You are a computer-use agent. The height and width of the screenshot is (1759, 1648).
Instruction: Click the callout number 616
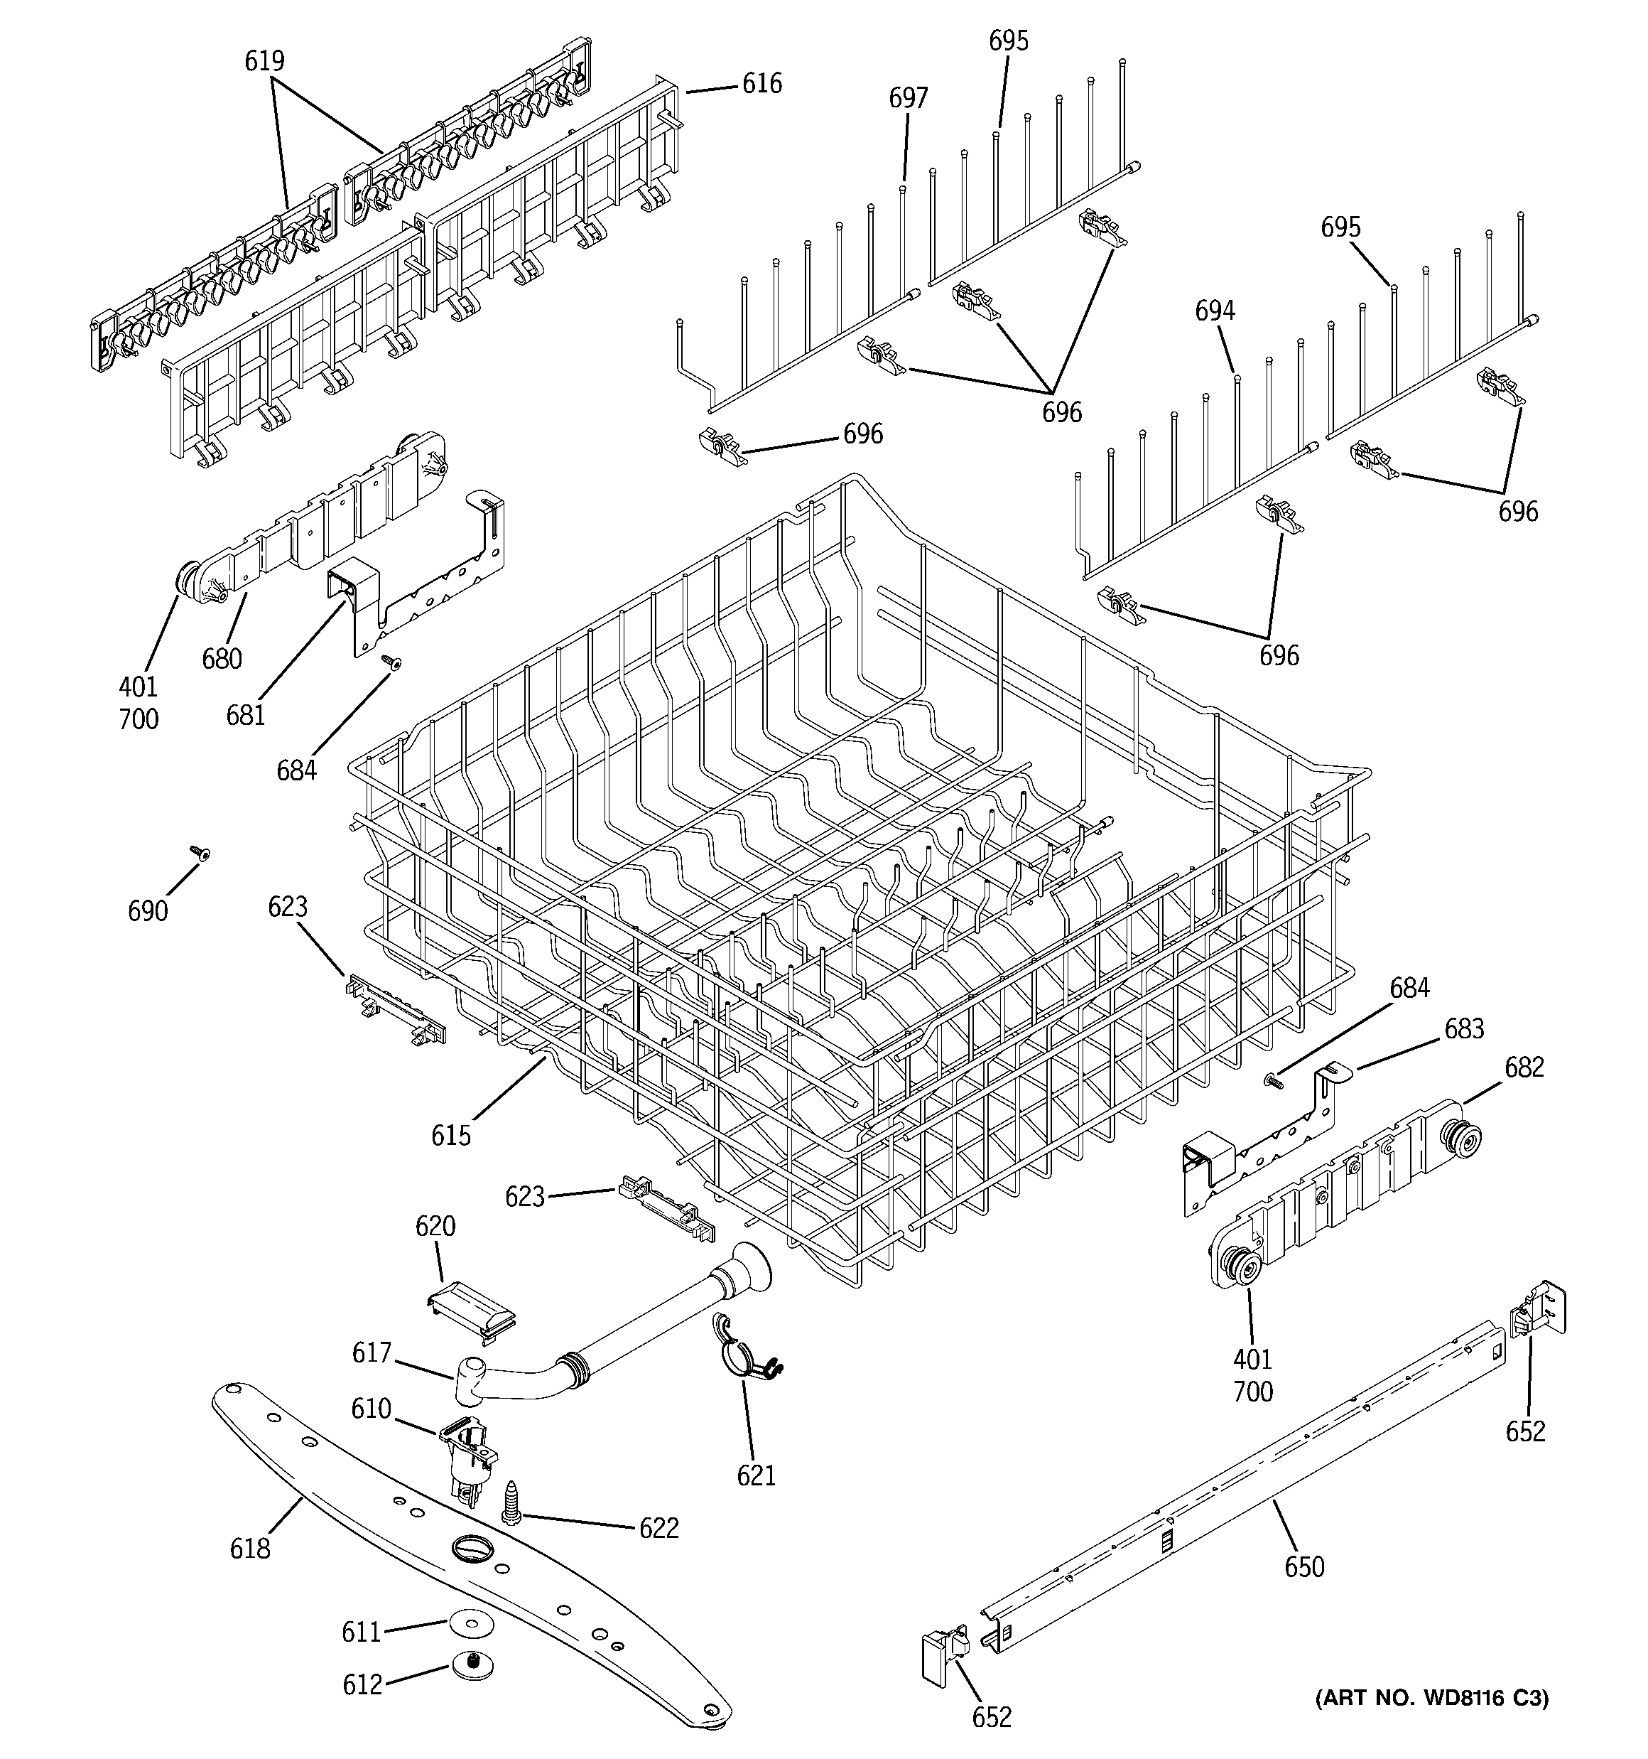tap(761, 84)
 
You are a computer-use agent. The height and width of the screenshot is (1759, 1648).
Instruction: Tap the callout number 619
tap(264, 61)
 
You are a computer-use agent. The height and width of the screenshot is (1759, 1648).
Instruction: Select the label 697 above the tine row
tap(908, 98)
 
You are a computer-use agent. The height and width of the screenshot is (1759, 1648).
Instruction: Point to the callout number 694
tap(1215, 311)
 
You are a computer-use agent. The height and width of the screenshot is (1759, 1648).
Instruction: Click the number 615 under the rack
tap(451, 1135)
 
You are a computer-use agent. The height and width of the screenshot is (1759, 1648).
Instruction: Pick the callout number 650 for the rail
tap(1304, 1567)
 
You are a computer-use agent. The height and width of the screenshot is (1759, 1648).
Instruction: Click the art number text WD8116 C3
tap(1432, 1698)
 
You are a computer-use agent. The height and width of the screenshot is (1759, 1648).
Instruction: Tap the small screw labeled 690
tap(202, 853)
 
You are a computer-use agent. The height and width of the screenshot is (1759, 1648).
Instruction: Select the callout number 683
tap(1464, 1029)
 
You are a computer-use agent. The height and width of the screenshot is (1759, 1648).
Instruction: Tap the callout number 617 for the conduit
tap(372, 1353)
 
